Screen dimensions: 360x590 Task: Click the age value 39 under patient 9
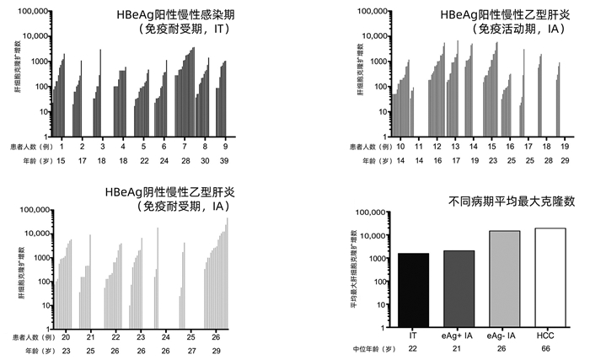(x=225, y=160)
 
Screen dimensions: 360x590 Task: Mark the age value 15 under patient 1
(x=62, y=160)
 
